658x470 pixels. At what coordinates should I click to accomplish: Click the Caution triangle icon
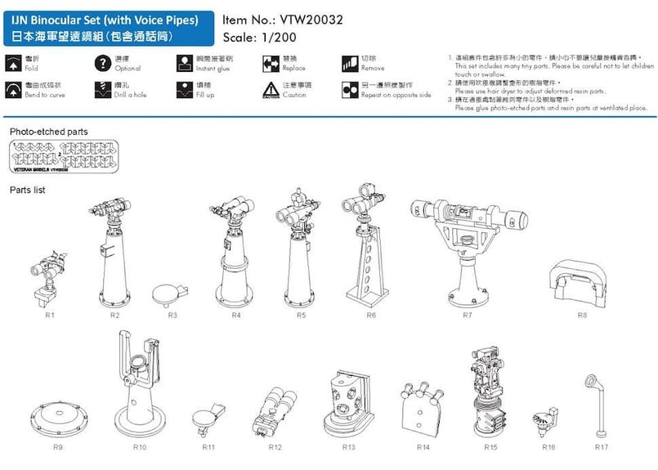271,90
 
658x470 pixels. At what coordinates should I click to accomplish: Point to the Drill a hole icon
102,90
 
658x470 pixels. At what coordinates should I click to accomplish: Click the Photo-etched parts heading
48,132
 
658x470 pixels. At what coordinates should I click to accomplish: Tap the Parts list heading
28,190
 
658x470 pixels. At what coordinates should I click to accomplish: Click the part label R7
467,315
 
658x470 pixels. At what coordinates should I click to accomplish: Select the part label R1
49,315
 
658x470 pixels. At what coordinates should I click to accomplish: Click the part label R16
548,447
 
